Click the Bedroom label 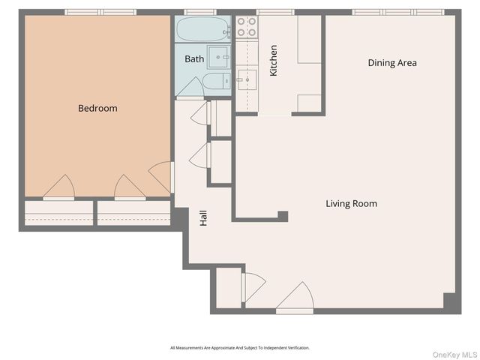pyautogui.click(x=97, y=108)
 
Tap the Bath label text pyautogui.click(x=194, y=58)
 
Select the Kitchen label pyautogui.click(x=274, y=60)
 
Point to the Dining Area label pyautogui.click(x=391, y=63)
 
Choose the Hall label pyautogui.click(x=202, y=218)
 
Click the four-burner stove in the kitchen pyautogui.click(x=247, y=28)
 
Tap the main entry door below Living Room pyautogui.click(x=295, y=298)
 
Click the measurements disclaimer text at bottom pyautogui.click(x=240, y=348)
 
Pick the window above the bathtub pyautogui.click(x=199, y=12)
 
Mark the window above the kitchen pyautogui.click(x=268, y=12)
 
